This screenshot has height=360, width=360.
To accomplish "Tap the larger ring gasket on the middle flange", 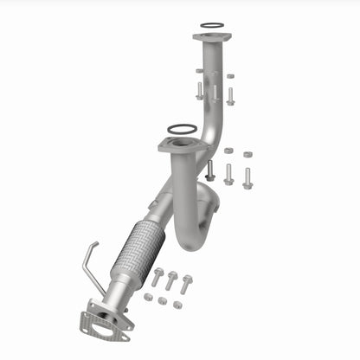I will [181, 130].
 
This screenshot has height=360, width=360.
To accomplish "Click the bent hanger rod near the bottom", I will [91, 263].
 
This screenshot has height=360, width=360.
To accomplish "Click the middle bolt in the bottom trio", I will [171, 280].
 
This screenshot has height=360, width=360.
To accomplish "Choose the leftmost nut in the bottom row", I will [148, 297].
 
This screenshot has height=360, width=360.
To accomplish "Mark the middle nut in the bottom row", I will [163, 300].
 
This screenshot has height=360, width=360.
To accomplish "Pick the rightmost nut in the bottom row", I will [177, 305].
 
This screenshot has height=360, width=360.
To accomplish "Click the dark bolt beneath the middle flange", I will [209, 170].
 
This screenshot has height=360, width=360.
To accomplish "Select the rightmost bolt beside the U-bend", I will [247, 177].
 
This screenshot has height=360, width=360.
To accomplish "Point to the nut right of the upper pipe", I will [230, 76].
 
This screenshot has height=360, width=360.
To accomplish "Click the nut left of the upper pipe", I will [199, 72].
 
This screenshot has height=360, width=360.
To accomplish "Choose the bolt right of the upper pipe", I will [230, 94].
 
